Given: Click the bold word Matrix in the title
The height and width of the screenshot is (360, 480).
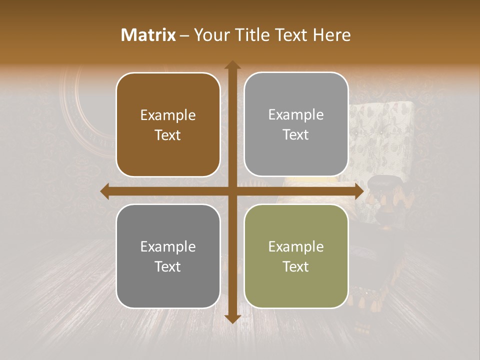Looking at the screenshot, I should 148,35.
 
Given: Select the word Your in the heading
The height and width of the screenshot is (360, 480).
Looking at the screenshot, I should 209,35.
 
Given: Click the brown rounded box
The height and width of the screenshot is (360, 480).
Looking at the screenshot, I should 168,124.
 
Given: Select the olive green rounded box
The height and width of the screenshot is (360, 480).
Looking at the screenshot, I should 296,256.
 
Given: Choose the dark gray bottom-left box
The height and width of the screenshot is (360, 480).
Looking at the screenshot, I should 168,256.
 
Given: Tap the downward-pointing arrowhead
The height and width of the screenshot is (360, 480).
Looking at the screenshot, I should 232,318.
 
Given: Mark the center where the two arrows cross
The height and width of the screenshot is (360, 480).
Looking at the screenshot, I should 232,191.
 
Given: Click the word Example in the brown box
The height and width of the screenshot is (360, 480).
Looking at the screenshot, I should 168,115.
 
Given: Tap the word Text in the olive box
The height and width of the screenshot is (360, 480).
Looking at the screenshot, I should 296,266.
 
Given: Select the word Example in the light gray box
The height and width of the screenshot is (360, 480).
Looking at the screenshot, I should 296,115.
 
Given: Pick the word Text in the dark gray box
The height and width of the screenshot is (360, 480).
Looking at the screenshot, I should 168,266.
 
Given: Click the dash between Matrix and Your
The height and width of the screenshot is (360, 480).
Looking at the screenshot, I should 184,35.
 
